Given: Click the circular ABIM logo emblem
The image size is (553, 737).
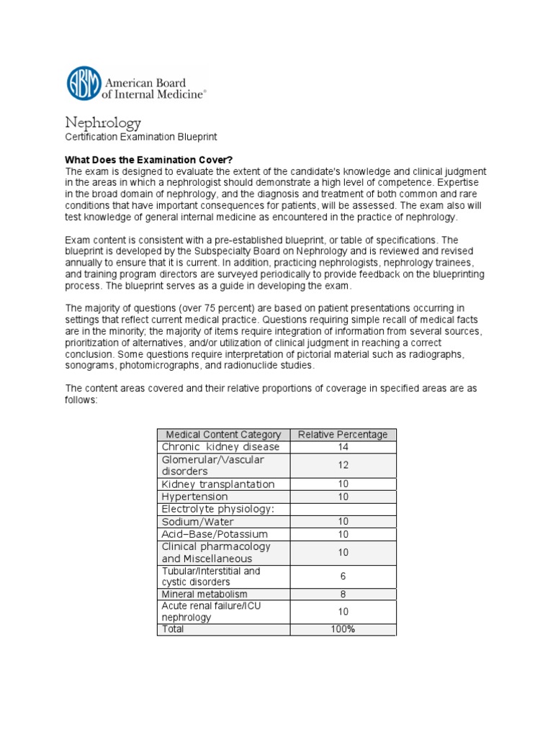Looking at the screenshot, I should (x=85, y=83).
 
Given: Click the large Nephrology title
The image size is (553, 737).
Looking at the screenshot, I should (x=104, y=123).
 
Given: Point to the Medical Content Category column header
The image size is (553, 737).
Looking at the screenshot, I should (x=223, y=435).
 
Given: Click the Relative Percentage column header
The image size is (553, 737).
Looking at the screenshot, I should (x=343, y=435).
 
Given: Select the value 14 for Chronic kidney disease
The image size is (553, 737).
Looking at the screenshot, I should (x=343, y=447).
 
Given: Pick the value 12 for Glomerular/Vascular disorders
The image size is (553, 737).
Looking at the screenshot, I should (x=343, y=466).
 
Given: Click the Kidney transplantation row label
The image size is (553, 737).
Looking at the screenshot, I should (x=218, y=484).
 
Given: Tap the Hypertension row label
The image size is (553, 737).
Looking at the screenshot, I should (x=195, y=497).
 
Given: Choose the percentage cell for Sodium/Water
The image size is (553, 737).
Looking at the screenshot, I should (x=343, y=522).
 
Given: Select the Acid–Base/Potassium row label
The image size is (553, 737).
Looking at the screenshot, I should (x=215, y=534).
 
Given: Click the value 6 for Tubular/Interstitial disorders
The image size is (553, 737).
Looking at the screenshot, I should (x=343, y=577).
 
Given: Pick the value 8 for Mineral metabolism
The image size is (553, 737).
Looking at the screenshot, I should (x=343, y=594).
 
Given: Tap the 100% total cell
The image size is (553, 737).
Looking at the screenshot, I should (x=343, y=629).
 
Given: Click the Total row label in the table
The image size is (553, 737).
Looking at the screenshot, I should (x=173, y=629).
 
